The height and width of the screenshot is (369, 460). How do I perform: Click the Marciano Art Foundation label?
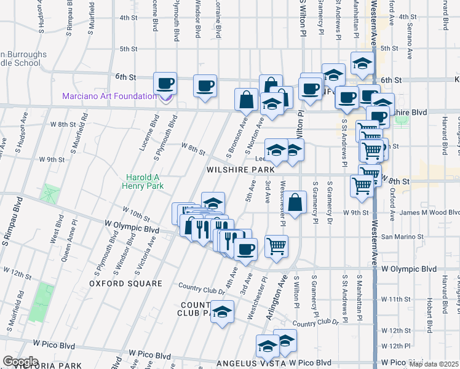[109, 97]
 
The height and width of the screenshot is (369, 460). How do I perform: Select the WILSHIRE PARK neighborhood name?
[240, 169]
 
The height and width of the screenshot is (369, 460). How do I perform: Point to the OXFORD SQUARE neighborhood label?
[125, 284]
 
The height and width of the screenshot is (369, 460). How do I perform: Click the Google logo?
[20, 362]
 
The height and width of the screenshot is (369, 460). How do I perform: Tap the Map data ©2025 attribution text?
[434, 364]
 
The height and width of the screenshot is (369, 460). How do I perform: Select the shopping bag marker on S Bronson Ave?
[246, 99]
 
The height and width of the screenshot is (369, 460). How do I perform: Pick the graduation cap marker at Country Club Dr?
[222, 311]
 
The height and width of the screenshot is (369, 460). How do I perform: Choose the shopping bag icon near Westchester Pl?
[295, 202]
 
